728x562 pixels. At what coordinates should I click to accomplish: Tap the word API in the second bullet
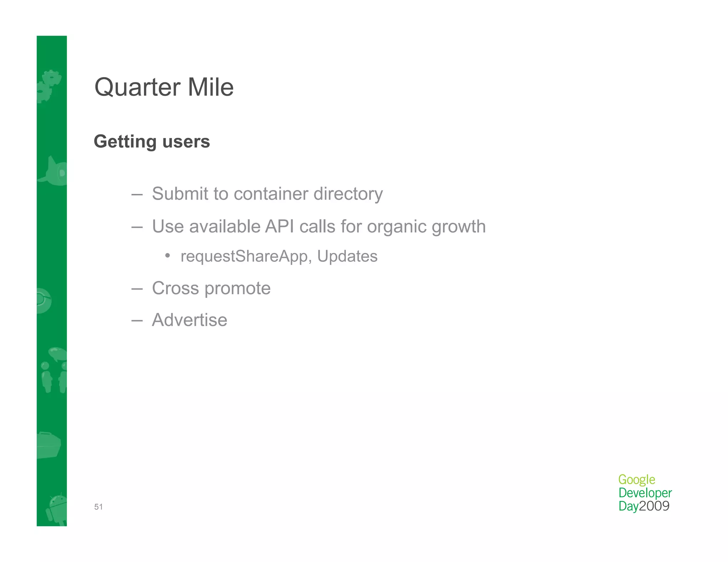pos(279,227)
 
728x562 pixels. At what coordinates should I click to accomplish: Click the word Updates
pos(347,256)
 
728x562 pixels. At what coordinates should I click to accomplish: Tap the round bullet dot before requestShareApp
pos(167,255)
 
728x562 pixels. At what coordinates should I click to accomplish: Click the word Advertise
pos(189,320)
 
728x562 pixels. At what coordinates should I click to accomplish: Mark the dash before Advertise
pos(137,320)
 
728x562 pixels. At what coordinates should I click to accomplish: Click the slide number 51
pos(98,507)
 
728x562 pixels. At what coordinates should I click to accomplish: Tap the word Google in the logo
pos(636,480)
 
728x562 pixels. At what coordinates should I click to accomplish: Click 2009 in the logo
pos(654,506)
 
